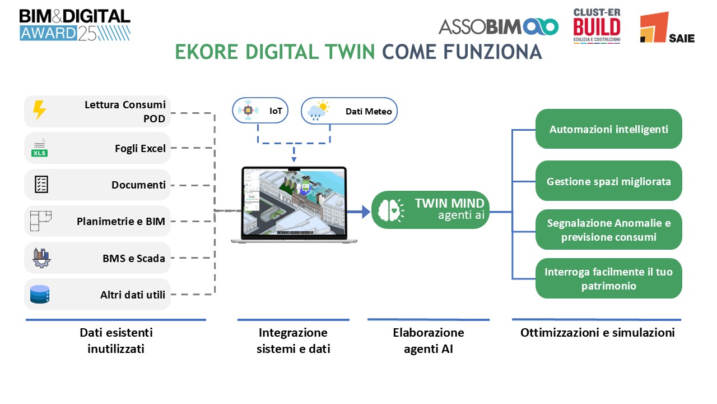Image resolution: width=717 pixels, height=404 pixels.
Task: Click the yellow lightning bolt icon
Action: tap(39, 111)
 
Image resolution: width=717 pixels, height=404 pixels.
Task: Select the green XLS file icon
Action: tap(40, 148)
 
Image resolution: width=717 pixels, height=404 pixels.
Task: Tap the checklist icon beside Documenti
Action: tap(41, 185)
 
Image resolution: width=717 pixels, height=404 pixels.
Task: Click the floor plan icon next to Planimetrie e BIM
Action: tap(40, 221)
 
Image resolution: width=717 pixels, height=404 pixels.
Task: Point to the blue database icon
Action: tap(40, 294)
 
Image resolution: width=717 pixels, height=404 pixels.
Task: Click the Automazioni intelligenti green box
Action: tap(608, 129)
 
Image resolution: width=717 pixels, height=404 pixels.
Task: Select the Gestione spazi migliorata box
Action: tap(608, 181)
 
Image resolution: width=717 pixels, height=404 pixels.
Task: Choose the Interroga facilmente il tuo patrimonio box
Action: tap(608, 278)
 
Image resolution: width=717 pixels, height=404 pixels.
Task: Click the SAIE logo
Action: tap(667, 27)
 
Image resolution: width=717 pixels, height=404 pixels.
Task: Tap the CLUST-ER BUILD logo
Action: tap(596, 26)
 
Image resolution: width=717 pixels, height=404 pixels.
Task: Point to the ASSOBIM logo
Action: tap(498, 26)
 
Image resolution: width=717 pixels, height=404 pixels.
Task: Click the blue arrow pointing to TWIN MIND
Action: tap(358, 212)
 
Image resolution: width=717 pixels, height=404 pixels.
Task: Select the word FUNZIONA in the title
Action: tap(492, 52)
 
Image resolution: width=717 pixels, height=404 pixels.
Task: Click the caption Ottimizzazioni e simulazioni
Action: tap(597, 332)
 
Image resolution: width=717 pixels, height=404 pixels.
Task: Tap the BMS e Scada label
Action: tap(133, 258)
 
